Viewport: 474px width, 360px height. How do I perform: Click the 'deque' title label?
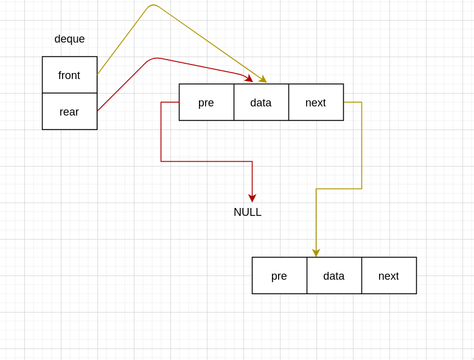(69, 39)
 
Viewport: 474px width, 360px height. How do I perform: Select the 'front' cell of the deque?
(69, 75)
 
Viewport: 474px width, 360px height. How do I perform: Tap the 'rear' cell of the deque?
(69, 111)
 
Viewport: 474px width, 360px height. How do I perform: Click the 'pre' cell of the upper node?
(206, 102)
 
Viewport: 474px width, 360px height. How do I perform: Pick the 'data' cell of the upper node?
(261, 102)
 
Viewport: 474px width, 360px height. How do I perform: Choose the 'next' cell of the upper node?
(316, 102)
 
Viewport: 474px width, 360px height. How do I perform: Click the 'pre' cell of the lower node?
(279, 275)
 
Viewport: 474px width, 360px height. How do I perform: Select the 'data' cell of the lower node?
(334, 275)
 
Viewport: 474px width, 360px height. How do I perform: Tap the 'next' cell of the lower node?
(389, 275)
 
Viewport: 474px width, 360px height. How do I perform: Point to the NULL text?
(248, 212)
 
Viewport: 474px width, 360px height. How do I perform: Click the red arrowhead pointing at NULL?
(252, 198)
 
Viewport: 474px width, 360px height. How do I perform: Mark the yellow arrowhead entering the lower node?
(316, 253)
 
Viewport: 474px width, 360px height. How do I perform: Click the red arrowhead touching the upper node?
(249, 78)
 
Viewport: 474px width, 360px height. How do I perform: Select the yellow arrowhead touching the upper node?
(263, 79)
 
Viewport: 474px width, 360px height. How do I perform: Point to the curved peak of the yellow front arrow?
(153, 5)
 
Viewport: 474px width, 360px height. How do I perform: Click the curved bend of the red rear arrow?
(155, 58)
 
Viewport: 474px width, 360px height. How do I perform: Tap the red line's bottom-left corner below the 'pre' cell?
(161, 161)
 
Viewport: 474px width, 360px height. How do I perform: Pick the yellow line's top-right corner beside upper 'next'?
(361, 102)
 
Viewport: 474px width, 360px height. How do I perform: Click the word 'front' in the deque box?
(69, 75)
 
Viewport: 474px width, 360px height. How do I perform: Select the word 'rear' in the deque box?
(69, 112)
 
